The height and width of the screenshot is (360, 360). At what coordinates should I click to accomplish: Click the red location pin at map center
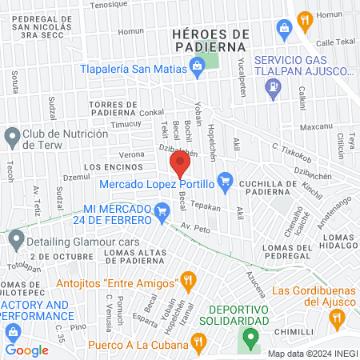point(180,165)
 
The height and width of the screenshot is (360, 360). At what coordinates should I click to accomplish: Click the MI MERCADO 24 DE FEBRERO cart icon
point(162,212)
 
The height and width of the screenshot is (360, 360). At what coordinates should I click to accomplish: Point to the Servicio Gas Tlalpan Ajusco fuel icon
point(273,93)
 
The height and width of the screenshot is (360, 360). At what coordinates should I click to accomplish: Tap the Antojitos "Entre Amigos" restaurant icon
point(188,280)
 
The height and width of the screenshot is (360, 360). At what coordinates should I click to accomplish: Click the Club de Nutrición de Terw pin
point(12,137)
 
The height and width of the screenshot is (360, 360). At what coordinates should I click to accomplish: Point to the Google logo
point(26,350)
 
